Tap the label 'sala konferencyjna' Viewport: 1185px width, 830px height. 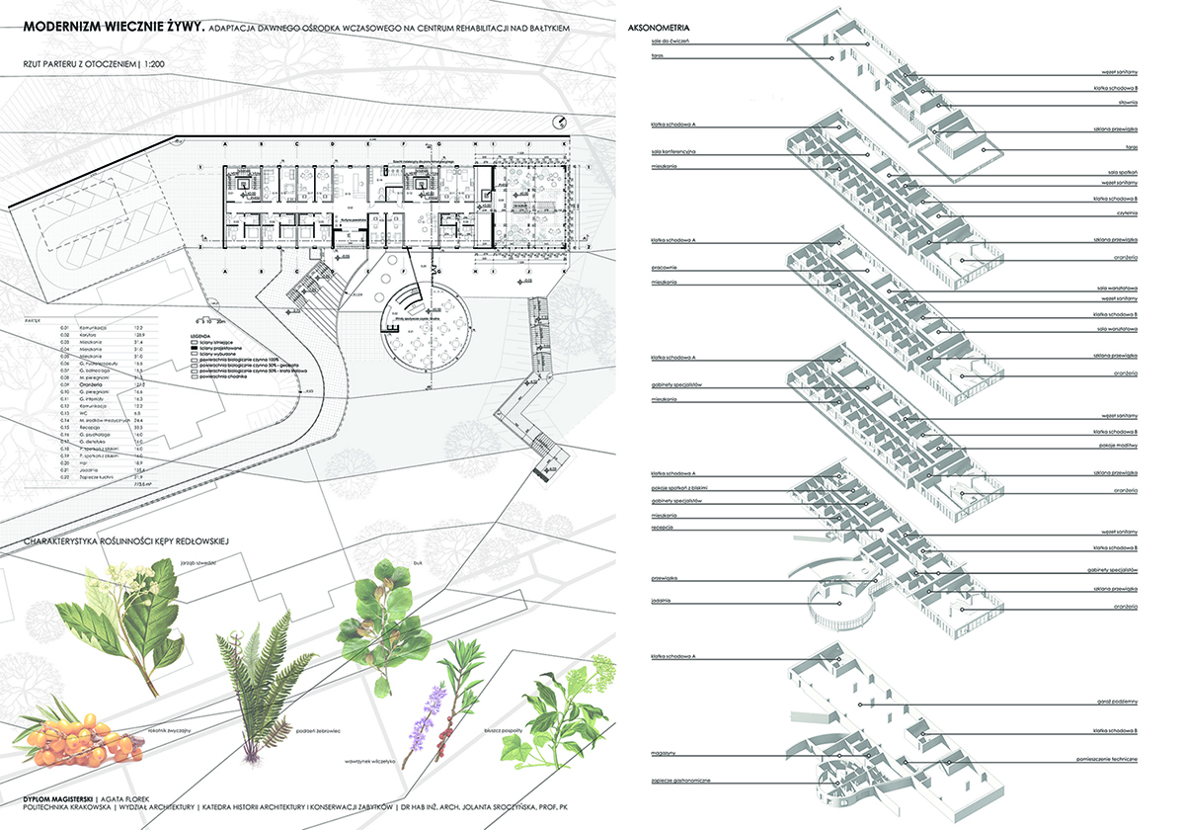click(674, 152)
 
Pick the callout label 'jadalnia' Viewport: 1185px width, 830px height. click(663, 599)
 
